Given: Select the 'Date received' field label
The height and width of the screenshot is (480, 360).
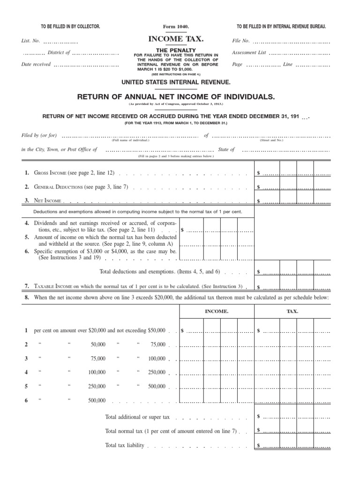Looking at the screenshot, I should tap(36, 65).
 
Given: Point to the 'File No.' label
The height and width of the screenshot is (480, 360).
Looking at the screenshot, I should tap(241, 41).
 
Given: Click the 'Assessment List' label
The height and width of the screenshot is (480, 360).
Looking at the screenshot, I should tap(249, 53).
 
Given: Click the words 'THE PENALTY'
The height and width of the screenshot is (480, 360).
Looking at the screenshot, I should tap(176, 49).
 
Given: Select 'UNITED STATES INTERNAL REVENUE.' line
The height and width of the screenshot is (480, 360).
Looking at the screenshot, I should tap(176, 82).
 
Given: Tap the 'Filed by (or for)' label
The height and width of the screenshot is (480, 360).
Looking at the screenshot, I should tap(39, 136).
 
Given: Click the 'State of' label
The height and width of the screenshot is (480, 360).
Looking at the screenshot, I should tap(226, 150).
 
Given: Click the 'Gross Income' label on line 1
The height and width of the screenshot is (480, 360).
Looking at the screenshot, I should tap(50, 173).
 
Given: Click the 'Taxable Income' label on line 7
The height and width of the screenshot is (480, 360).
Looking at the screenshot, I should tap(54, 286).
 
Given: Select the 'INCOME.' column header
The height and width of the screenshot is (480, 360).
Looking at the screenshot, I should tap(217, 311).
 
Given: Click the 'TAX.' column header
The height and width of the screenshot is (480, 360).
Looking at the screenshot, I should tap(292, 311).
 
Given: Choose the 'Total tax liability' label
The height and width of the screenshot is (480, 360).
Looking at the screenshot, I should tap(125, 445).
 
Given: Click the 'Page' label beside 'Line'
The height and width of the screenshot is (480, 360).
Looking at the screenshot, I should tap(237, 65).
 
